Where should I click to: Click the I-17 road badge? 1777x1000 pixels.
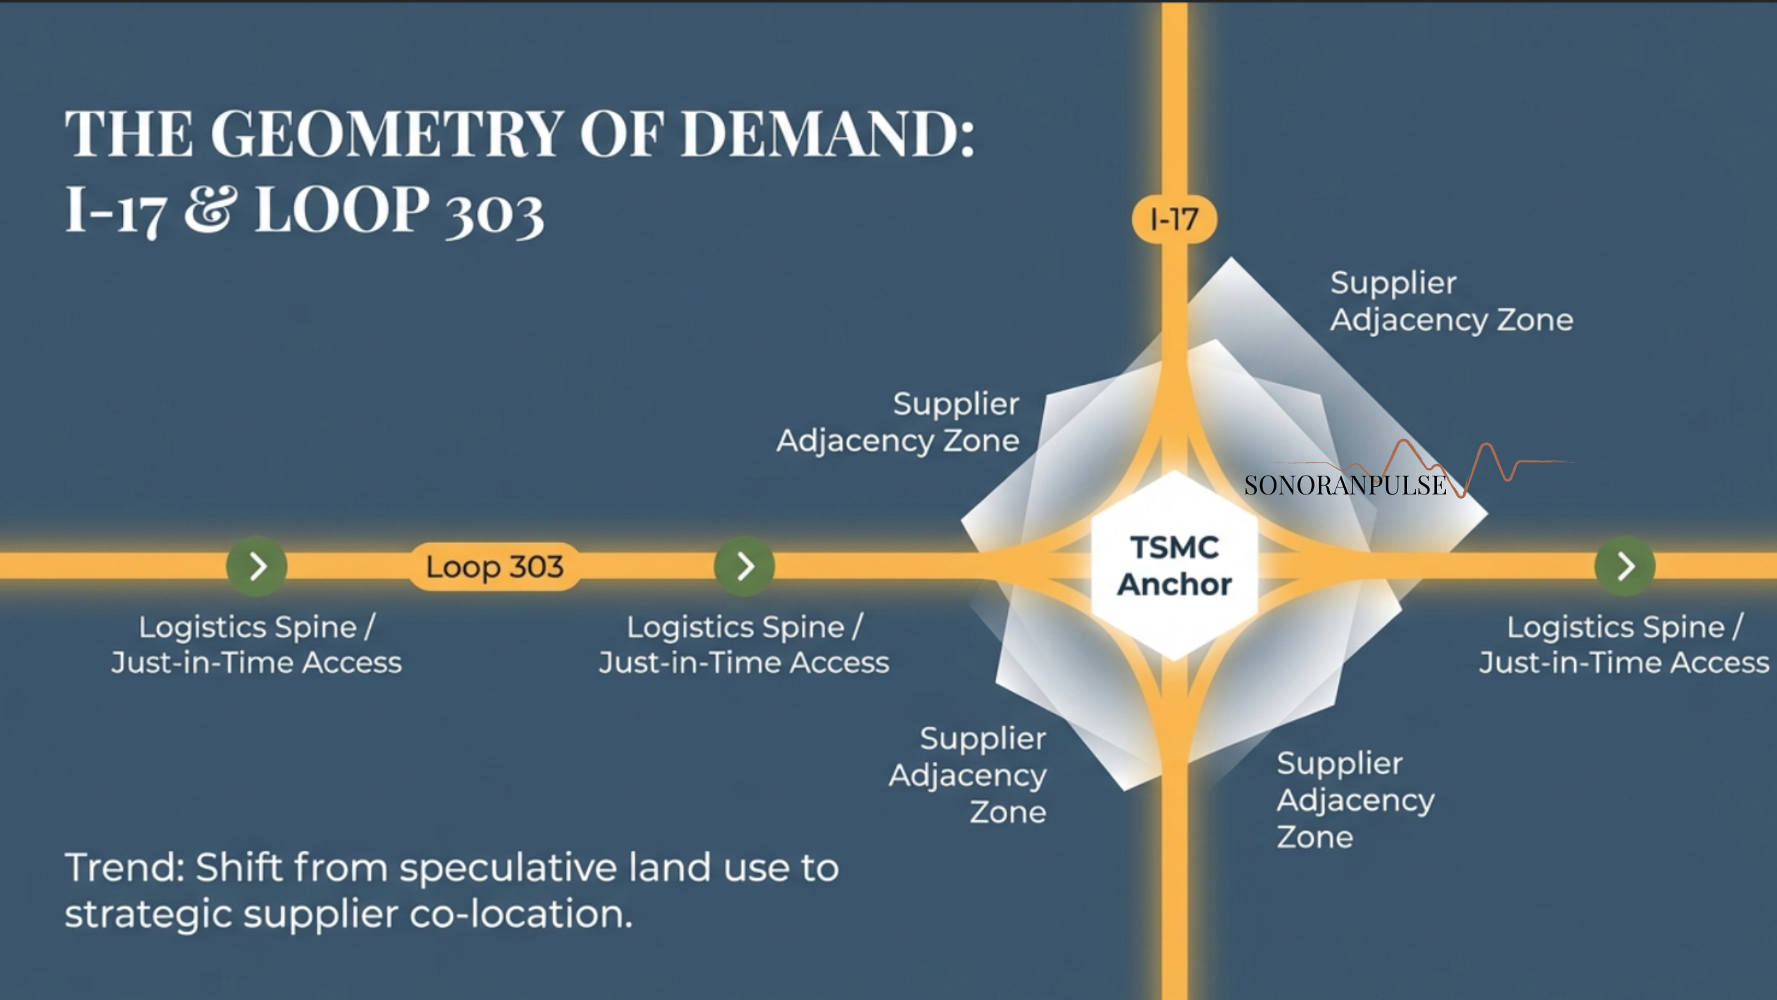click(1174, 220)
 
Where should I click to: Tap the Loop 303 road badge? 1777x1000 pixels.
click(494, 567)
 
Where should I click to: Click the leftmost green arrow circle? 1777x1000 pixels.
click(257, 567)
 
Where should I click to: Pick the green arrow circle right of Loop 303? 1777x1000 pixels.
click(744, 567)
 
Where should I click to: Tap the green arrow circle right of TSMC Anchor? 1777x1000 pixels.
click(1624, 567)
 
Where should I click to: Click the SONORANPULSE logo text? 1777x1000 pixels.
click(1345, 485)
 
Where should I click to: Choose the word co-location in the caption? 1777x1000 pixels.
click(521, 914)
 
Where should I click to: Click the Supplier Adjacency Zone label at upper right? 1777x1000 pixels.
click(1451, 301)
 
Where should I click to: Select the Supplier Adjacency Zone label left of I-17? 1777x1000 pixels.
click(898, 422)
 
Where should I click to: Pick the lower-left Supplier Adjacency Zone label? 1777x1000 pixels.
click(968, 775)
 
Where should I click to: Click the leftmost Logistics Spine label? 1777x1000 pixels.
click(257, 644)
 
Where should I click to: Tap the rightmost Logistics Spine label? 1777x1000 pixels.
click(1624, 644)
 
